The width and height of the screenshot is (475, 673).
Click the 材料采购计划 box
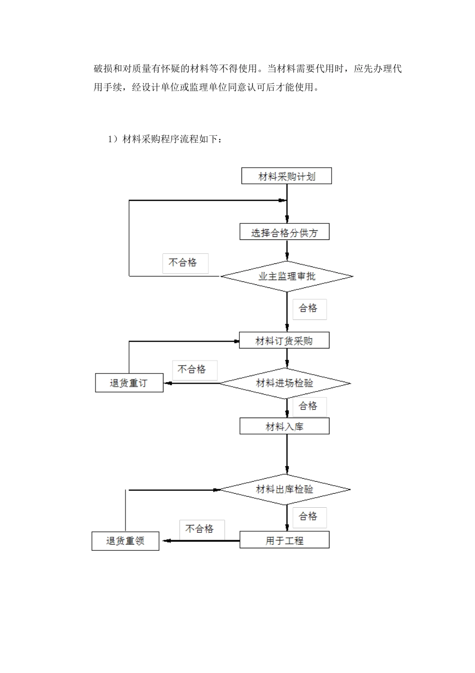point(286,176)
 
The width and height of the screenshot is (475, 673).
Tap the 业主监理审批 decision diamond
point(287,276)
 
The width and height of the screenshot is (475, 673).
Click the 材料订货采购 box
point(284,341)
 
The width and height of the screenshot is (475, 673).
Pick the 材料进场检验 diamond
point(285,384)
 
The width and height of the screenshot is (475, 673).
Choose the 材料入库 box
point(284,427)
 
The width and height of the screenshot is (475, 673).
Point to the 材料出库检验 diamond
point(285,489)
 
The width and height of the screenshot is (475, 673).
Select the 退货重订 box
point(129,384)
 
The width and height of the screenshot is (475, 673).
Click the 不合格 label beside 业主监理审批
point(185,263)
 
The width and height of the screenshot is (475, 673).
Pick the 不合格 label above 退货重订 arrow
point(194,370)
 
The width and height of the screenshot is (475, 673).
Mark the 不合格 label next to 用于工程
point(201,529)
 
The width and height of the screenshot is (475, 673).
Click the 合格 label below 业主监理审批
point(309,309)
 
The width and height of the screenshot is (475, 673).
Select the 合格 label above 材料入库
point(309,406)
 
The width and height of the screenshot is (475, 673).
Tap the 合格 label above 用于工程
point(309,517)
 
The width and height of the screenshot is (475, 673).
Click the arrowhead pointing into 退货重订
point(167,384)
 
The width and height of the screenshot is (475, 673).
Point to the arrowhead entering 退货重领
point(163,541)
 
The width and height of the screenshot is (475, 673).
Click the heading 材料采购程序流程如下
point(165,139)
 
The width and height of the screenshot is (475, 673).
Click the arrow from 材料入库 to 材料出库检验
point(287,453)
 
